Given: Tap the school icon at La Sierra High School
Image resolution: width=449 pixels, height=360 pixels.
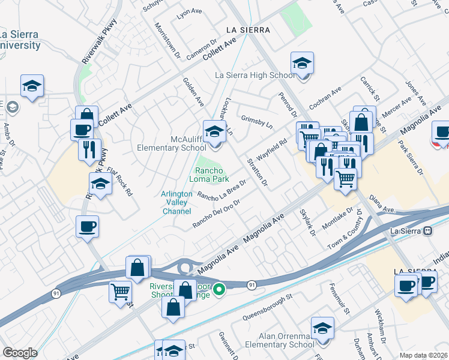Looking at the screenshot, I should coord(303,63).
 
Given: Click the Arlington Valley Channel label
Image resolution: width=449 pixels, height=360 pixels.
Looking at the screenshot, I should coord(176,202).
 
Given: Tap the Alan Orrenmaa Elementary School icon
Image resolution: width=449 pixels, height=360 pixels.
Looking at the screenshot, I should coord(323,329).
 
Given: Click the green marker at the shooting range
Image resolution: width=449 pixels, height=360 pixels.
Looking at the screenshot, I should coord(220,290).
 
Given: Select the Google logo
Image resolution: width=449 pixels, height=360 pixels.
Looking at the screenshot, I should coord(20,352).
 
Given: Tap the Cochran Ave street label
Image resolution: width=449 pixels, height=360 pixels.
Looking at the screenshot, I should coord(325,97).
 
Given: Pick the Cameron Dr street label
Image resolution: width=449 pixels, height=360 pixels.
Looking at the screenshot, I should coord(202,51).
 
